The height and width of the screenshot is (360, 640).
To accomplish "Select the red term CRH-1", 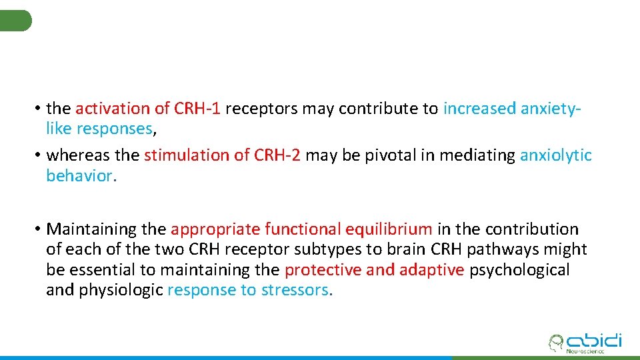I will coord(198,108).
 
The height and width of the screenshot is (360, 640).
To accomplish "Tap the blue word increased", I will coord(479,108).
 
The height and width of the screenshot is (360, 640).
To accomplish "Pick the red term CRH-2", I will coord(276,155).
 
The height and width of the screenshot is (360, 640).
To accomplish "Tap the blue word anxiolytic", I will coord(555,155).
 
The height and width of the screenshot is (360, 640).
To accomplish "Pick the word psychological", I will coord(519,270).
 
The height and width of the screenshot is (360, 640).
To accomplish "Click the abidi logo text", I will coord(593,340).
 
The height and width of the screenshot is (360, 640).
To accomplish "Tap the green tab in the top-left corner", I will coord(15,21).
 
